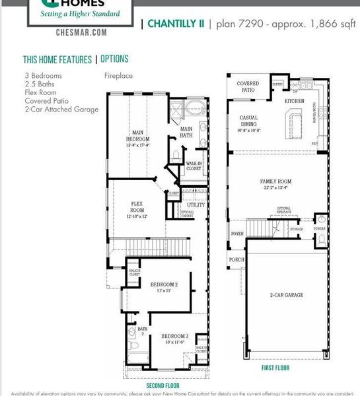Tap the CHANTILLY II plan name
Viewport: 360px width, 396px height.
pos(175,24)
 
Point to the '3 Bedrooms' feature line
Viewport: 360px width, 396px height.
pos(43,76)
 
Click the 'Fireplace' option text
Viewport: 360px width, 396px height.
pos(118,76)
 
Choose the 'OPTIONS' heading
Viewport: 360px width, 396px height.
pos(114,59)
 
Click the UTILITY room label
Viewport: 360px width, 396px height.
pos(196,205)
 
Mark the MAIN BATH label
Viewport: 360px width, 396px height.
pos(187,132)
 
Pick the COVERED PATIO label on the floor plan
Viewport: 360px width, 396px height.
pos(248,86)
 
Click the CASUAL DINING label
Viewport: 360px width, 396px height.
pos(248,121)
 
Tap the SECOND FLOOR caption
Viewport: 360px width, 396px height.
pos(162,385)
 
